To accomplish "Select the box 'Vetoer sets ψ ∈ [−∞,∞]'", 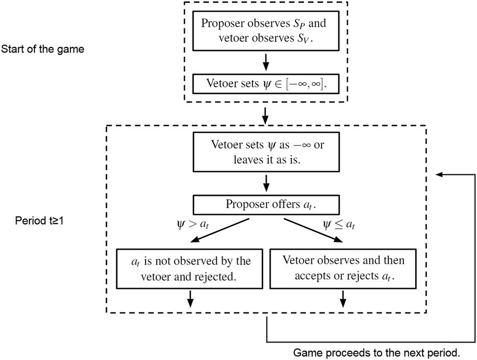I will pyautogui.click(x=265, y=84).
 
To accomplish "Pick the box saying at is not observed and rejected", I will pyautogui.click(x=191, y=268).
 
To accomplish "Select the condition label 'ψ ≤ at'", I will pyautogui.click(x=338, y=226).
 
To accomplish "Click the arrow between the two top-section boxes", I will pyautogui.click(x=265, y=62).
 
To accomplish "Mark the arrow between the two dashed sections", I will pyautogui.click(x=265, y=114).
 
